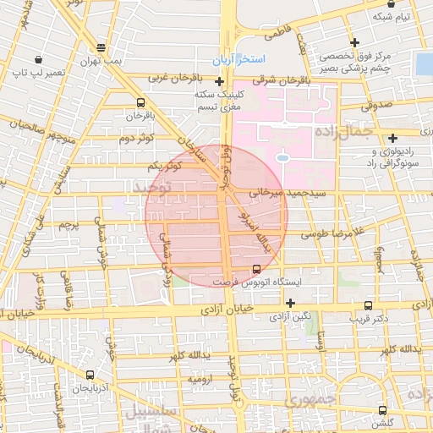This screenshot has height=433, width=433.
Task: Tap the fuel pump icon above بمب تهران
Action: (101, 48)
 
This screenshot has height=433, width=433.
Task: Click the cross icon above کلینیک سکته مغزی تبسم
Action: (220, 82)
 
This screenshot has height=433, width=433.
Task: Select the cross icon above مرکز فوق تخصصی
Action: (354, 42)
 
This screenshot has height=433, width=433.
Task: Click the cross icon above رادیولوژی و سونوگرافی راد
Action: (392, 139)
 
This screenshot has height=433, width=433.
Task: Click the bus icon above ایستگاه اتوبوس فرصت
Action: (255, 269)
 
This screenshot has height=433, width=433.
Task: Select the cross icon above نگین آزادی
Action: (290, 302)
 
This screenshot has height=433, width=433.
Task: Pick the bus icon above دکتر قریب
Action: (368, 305)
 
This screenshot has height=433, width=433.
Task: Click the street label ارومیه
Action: (200, 380)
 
